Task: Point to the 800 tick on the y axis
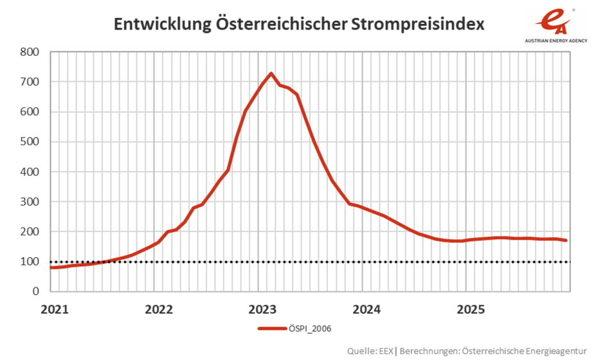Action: click(30, 52)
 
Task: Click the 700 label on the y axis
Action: click(30, 82)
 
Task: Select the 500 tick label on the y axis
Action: click(30, 142)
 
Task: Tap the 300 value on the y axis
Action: click(30, 202)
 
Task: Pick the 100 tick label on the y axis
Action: click(30, 262)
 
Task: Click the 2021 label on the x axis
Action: click(55, 309)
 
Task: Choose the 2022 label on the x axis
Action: click(159, 309)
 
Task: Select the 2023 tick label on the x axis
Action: click(263, 309)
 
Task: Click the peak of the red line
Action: click(271, 73)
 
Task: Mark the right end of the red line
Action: click(566, 240)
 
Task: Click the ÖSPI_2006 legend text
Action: click(310, 328)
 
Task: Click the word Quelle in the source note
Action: click(361, 350)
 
